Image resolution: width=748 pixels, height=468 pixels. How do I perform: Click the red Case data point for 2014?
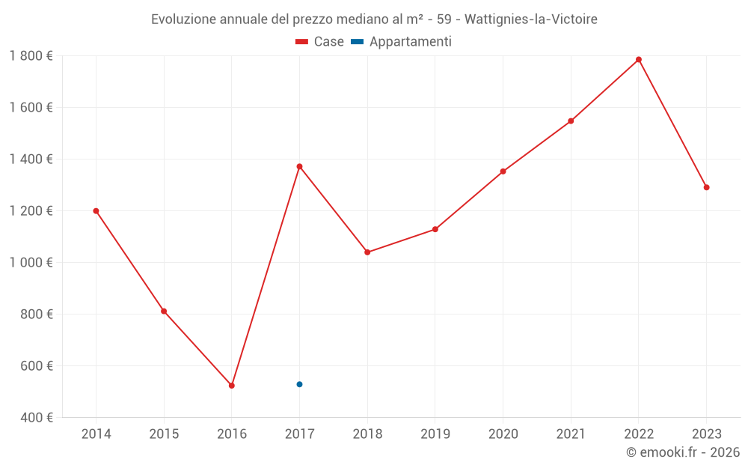click(96, 211)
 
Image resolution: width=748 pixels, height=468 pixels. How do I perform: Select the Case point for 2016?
click(232, 386)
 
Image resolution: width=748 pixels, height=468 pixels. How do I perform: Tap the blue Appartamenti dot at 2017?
click(299, 384)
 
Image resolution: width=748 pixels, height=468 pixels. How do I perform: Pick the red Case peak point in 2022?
click(639, 60)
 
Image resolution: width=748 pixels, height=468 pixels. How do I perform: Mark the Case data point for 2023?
click(706, 187)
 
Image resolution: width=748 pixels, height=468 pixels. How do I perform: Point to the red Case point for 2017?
click(299, 166)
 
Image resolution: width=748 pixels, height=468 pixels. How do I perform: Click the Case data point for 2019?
click(435, 229)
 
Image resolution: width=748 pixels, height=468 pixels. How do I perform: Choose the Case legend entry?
click(319, 42)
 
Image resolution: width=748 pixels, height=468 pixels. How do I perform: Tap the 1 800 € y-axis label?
click(31, 56)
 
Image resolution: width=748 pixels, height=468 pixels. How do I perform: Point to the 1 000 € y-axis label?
click(31, 263)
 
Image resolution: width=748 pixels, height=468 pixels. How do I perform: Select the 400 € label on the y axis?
click(37, 418)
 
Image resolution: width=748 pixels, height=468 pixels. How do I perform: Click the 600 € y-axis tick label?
click(37, 366)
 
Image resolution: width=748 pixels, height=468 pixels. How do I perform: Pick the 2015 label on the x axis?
click(164, 434)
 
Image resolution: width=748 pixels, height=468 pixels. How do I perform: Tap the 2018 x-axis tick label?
click(367, 434)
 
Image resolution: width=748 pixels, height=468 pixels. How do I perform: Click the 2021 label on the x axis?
click(571, 434)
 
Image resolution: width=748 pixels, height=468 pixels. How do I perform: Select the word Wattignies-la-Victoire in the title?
click(531, 19)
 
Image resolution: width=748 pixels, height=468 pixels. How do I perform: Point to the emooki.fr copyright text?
click(683, 452)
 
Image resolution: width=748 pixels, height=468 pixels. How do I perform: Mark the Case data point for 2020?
click(503, 171)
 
